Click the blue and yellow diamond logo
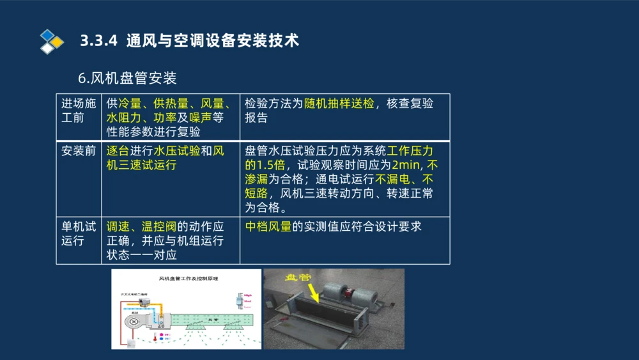point(52,41)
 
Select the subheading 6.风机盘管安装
point(127,78)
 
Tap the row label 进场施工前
point(78,110)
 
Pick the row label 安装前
point(78,151)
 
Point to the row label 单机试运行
point(78,233)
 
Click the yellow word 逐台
point(118,151)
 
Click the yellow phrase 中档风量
point(268,226)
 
